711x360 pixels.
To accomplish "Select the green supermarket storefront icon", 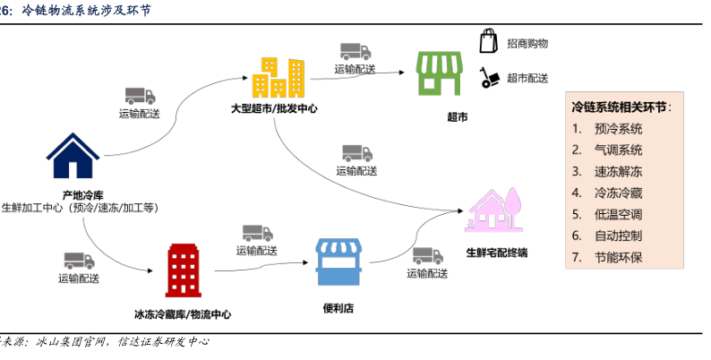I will pyautogui.click(x=441, y=73).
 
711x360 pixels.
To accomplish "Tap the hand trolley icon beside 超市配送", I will pyautogui.click(x=489, y=78).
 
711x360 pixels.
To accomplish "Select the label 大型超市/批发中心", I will pyautogui.click(x=274, y=109).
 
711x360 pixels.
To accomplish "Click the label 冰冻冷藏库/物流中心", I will pyautogui.click(x=183, y=314).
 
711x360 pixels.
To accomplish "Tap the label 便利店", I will pyautogui.click(x=338, y=309).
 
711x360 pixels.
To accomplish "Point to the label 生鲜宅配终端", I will pyautogui.click(x=497, y=253).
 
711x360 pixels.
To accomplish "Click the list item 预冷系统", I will pyautogui.click(x=618, y=128).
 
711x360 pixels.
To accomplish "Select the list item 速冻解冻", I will pyautogui.click(x=618, y=171).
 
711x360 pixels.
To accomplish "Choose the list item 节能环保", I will pyautogui.click(x=618, y=257).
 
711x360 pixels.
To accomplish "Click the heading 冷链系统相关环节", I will pyautogui.click(x=620, y=106).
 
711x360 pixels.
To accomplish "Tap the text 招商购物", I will pyautogui.click(x=527, y=43).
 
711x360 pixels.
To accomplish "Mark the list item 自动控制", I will pyautogui.click(x=618, y=236).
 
